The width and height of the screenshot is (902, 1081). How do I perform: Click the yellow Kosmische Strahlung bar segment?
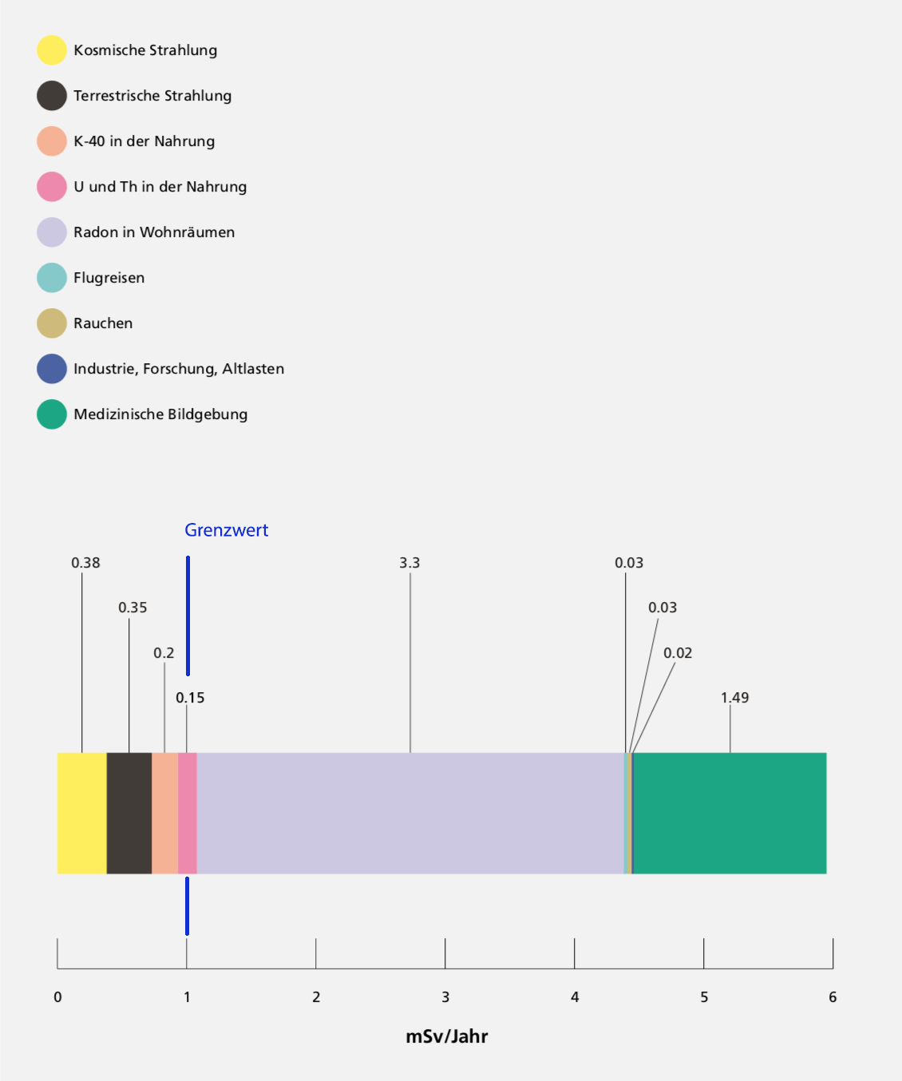[x=82, y=813]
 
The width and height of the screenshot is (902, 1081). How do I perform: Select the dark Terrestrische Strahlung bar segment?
[x=129, y=813]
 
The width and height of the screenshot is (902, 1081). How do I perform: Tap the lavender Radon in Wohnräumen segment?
[x=410, y=813]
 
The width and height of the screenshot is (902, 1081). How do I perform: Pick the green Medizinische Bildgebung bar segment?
[x=730, y=813]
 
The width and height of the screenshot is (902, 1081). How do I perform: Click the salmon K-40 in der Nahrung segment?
[x=164, y=813]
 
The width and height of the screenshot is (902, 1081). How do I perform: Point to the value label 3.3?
[x=409, y=563]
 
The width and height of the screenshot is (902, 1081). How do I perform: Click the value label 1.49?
[x=734, y=698]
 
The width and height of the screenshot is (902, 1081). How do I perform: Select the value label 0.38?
[x=85, y=563]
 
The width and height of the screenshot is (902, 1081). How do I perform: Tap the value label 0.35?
[x=133, y=608]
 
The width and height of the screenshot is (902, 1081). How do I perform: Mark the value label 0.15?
[x=190, y=698]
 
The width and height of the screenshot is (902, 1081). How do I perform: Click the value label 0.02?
[x=678, y=653]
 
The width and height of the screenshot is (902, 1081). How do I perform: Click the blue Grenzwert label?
[x=227, y=530]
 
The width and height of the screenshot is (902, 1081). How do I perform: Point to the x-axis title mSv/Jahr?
[x=447, y=1036]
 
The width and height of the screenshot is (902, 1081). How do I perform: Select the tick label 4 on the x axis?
[x=575, y=997]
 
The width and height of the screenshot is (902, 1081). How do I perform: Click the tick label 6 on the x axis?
[x=833, y=997]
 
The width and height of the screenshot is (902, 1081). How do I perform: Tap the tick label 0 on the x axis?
[x=57, y=997]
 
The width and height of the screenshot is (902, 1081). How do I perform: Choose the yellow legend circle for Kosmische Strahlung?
[x=52, y=50]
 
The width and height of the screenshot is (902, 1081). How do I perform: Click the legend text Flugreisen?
[x=109, y=278]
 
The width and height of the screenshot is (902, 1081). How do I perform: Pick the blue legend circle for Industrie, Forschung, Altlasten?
[x=52, y=369]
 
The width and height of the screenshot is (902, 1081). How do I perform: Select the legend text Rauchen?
[x=103, y=323]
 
